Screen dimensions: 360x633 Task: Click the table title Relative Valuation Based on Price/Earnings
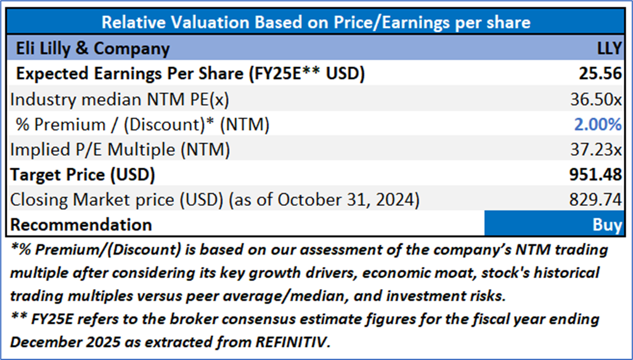[316, 23]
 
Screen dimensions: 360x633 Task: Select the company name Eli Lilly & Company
[90, 48]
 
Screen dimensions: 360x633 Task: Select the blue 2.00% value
[597, 124]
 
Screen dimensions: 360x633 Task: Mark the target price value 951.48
[596, 174]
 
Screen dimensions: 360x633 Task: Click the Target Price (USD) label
[82, 174]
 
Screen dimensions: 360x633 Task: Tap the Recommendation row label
[81, 224]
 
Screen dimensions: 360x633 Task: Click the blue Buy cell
[558, 224]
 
